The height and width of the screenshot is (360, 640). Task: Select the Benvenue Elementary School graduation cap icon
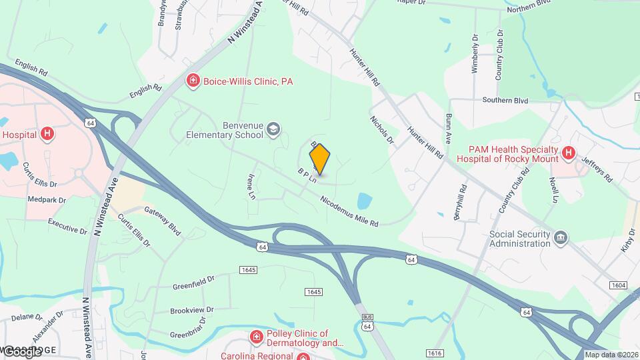point(273,129)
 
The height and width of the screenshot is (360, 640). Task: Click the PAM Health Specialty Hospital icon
point(569,153)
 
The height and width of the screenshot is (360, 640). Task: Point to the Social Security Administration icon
point(561,238)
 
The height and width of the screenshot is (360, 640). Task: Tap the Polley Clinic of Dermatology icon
point(256,338)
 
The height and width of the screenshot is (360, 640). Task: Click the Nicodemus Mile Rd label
point(349,210)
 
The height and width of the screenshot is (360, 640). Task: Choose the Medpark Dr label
point(47,199)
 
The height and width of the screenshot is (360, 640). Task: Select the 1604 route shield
point(618,285)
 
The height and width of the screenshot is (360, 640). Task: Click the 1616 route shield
point(435,353)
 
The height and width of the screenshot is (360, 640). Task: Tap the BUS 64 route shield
point(367,323)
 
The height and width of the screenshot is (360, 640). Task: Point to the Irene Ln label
point(252,187)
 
